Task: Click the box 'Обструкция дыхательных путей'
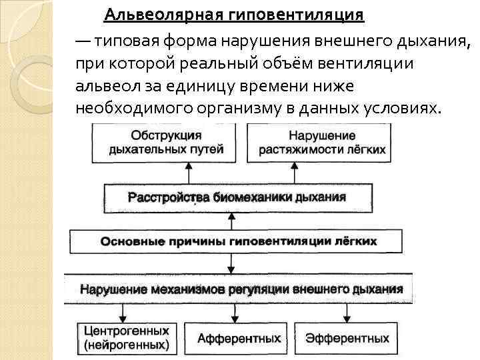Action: [x=167, y=143]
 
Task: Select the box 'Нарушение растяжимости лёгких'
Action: [x=317, y=143]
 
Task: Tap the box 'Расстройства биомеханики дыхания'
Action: [x=237, y=197]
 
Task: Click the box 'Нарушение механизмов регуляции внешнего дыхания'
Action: [x=241, y=289]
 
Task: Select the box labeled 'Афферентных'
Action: [x=239, y=338]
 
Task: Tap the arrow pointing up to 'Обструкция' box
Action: [x=189, y=173]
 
